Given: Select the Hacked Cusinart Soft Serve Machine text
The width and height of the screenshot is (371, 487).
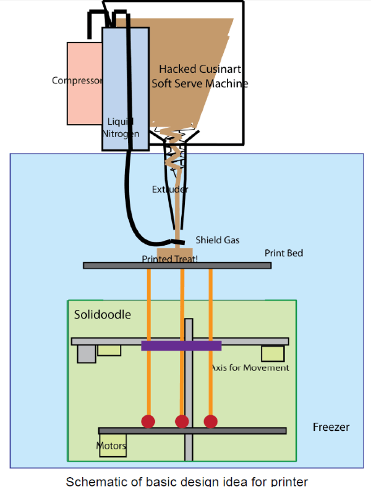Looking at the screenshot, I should (x=199, y=76).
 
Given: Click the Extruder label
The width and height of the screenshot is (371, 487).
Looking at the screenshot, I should (x=170, y=189).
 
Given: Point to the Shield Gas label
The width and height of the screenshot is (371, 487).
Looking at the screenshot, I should (x=217, y=239).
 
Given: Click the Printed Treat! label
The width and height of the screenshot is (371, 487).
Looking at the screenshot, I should (x=170, y=259).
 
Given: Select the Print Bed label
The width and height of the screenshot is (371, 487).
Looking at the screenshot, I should (x=284, y=253).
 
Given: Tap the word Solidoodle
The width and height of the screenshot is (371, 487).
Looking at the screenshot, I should (x=103, y=314).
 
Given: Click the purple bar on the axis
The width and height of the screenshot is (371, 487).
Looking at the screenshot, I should (x=181, y=346).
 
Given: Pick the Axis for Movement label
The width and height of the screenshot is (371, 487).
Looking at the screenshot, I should (x=250, y=368).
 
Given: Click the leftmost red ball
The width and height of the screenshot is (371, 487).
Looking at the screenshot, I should (x=148, y=421).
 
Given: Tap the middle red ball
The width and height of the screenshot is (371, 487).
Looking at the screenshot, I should (x=182, y=421).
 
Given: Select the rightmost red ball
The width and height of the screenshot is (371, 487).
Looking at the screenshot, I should (x=211, y=421).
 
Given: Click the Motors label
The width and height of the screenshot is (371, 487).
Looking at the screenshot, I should (x=111, y=446).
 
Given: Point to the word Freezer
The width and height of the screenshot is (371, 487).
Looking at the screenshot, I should (x=331, y=427).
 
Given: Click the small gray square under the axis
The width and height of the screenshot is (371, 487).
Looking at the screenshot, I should (x=87, y=354).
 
